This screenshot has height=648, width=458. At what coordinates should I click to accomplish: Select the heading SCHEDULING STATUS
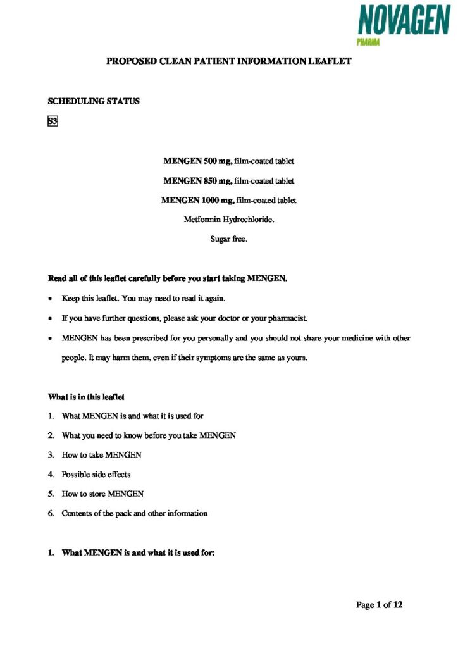point(94,101)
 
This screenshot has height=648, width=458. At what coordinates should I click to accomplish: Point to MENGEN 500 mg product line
point(228,161)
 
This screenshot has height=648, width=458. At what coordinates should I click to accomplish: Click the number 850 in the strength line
point(211,181)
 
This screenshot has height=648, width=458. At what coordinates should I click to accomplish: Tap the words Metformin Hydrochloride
point(228,220)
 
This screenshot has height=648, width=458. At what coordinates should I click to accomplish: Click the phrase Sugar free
point(228,239)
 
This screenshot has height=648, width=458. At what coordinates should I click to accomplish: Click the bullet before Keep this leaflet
point(51,297)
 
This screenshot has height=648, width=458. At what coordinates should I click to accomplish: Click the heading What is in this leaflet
point(87,397)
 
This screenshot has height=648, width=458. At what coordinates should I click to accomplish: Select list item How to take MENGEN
point(101,455)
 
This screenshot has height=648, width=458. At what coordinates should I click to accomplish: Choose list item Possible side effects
point(96,474)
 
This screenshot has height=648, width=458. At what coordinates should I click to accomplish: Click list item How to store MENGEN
point(102,494)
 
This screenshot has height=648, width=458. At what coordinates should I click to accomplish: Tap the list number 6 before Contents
point(51,513)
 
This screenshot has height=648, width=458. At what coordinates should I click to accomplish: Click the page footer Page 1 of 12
point(380,605)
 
